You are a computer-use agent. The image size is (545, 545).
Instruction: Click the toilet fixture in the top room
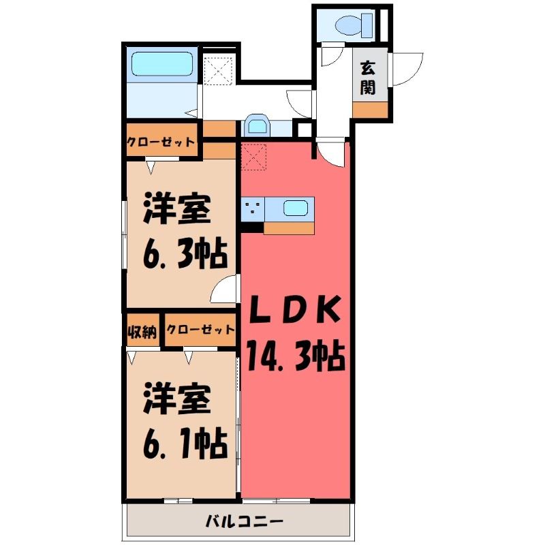coord(354,25)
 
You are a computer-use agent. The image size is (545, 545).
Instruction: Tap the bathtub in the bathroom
coord(162,64)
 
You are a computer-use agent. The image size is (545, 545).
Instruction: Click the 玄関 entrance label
coord(368,78)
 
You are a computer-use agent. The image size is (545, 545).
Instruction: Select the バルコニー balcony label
coord(245,521)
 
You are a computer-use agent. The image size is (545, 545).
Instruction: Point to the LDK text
coord(295,309)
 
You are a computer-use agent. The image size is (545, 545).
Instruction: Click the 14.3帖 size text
coord(296,357)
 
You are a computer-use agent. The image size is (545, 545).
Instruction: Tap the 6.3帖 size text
coord(185,254)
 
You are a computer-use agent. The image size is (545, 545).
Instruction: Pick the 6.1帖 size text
coord(185,445)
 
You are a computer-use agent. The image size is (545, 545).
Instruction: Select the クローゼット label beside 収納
coord(200,330)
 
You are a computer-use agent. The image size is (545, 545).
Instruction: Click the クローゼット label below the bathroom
coord(160,142)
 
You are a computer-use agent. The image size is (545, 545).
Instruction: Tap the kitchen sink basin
coord(296,208)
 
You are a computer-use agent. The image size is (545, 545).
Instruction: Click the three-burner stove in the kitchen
coord(253,209)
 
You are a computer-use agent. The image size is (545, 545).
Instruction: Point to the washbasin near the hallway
coord(257,126)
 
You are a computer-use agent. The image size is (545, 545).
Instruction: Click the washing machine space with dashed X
coord(218,71)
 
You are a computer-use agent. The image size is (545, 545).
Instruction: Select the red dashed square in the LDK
coord(253,157)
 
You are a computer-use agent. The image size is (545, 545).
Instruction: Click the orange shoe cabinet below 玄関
coord(370,110)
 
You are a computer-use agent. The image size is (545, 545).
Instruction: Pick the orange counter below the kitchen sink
coord(289,228)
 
